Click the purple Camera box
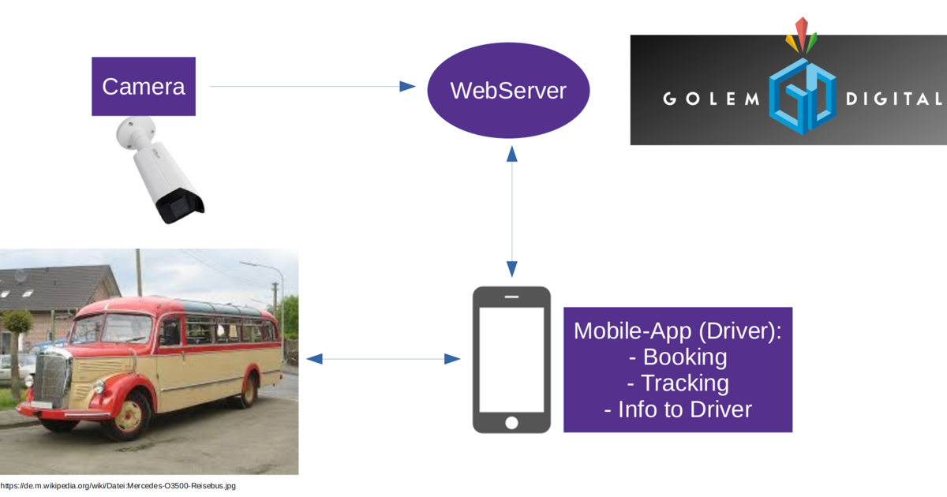143,87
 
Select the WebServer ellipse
508,91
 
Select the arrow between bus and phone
383,359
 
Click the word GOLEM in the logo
709,99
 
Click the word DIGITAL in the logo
893,99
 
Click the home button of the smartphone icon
511,422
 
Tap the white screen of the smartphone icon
511,358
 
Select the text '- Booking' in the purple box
677,357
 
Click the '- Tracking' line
677,383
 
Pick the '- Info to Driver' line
677,410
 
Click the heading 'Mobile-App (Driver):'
677,331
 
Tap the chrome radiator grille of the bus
52,379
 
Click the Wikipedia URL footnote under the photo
118,486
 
